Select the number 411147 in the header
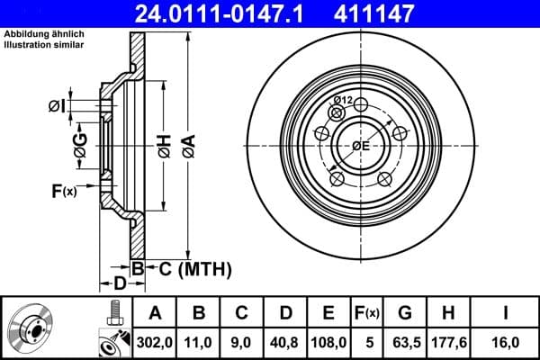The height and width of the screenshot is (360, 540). [x=401, y=13]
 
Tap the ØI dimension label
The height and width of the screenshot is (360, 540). [x=57, y=106]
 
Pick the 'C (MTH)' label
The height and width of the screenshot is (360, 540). [x=191, y=268]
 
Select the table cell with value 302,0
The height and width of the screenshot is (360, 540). [x=155, y=341]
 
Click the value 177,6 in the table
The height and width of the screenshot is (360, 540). [x=453, y=341]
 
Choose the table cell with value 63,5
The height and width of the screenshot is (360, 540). [x=405, y=341]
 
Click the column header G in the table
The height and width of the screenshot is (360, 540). [x=405, y=313]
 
